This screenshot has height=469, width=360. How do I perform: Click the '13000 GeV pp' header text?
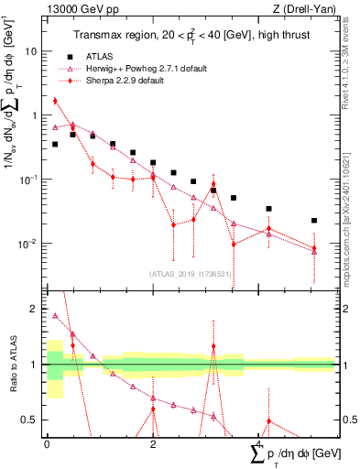pos(76,9)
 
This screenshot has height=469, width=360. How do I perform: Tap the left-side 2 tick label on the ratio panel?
pos(35,309)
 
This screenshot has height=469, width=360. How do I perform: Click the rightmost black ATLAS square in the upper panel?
pos(313,221)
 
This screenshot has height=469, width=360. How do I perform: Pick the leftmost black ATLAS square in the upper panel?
pos(55,144)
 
